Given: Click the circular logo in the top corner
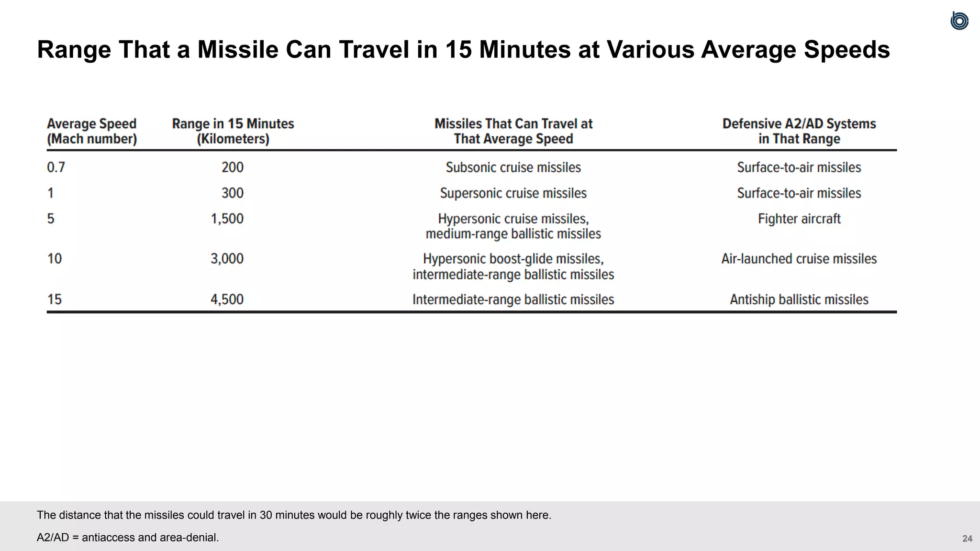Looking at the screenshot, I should (x=959, y=21).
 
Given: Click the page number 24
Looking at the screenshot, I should (x=967, y=539).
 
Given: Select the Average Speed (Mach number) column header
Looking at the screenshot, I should (x=92, y=131).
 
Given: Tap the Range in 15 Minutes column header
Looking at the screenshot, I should (x=233, y=131).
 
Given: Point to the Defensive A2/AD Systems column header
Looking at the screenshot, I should (x=799, y=131).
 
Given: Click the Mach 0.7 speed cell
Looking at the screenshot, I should (x=56, y=167).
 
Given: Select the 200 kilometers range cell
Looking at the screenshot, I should (x=233, y=167).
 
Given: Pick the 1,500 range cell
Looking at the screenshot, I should (x=227, y=219).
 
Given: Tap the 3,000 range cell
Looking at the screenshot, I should (x=227, y=259).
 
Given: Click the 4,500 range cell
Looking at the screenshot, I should (x=227, y=299).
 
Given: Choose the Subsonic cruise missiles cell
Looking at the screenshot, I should (x=513, y=167).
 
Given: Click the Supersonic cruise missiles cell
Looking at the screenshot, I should (x=513, y=193).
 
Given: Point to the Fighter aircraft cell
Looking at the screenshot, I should (x=799, y=219).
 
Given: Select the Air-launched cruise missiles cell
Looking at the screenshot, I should (x=799, y=259).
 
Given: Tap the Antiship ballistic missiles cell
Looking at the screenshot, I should (x=799, y=299).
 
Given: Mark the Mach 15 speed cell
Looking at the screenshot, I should (x=55, y=299).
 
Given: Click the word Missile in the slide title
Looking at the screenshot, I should (x=238, y=50).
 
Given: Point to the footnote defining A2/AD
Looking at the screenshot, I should (x=128, y=538).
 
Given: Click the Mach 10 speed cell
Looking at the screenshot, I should (x=55, y=259).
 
